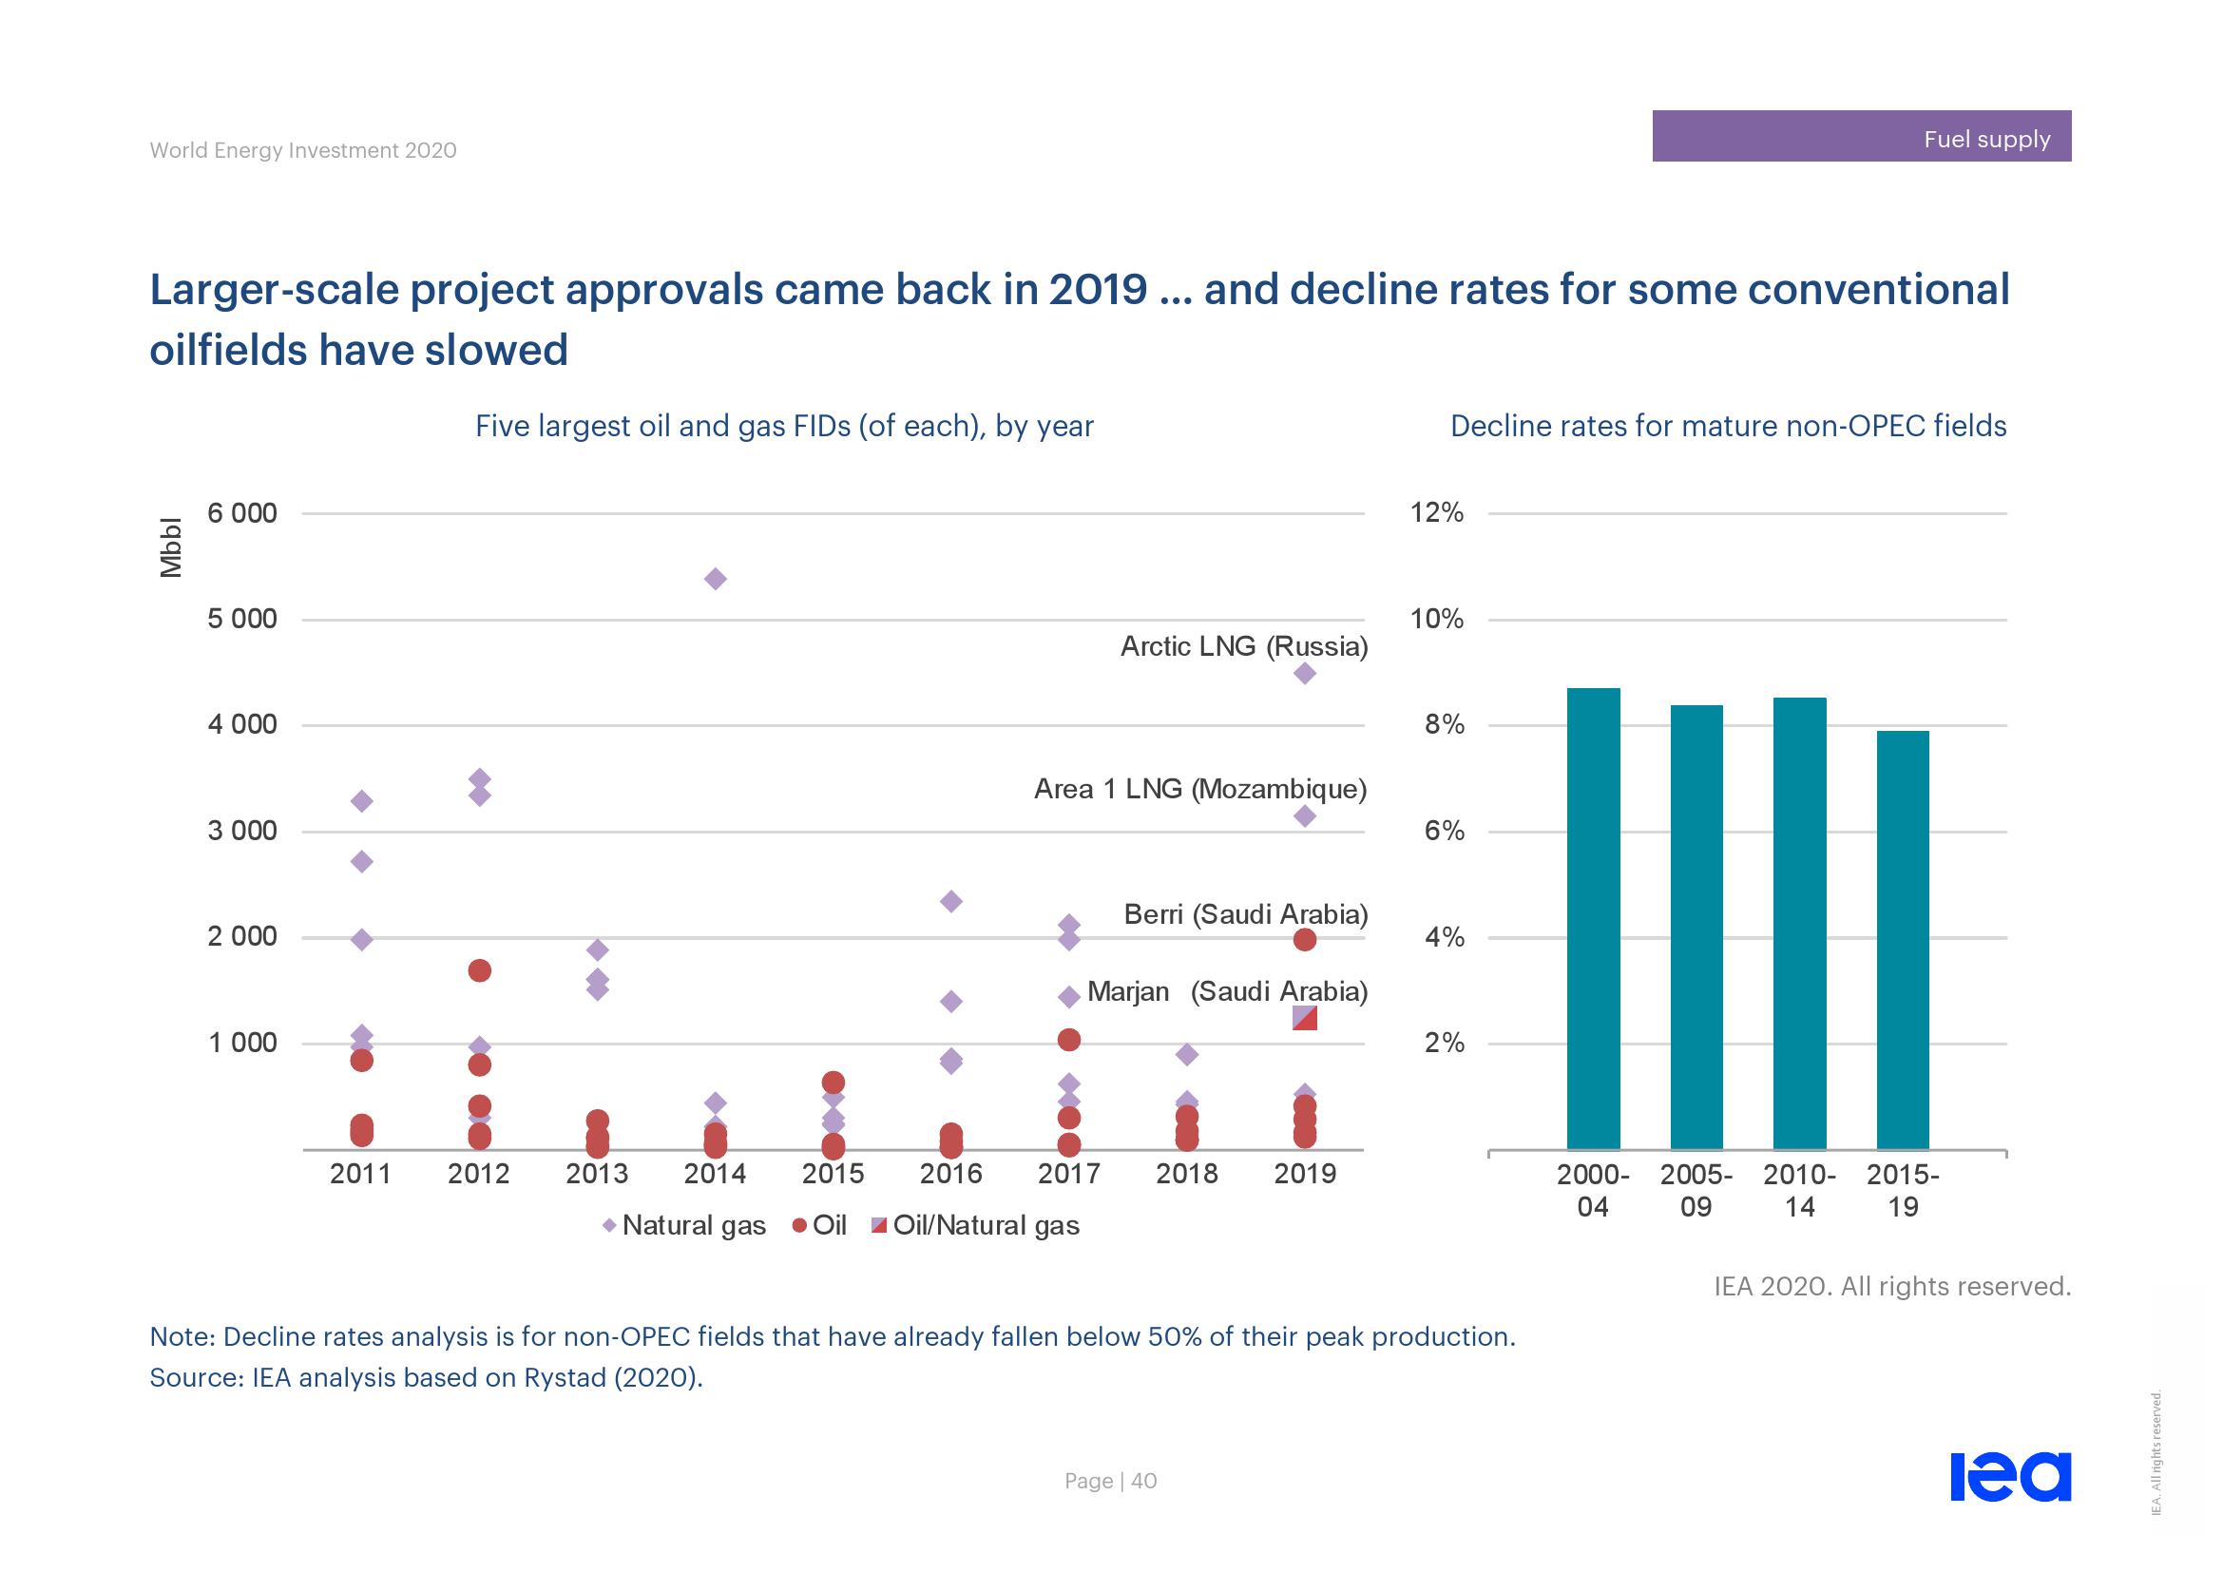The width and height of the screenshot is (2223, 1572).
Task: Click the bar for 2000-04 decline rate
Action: pyautogui.click(x=1593, y=919)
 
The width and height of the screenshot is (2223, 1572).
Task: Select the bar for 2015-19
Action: pyautogui.click(x=1903, y=940)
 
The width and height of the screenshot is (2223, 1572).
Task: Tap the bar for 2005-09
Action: pyautogui.click(x=1696, y=928)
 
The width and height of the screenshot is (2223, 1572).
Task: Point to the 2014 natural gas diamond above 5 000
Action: pyautogui.click(x=716, y=579)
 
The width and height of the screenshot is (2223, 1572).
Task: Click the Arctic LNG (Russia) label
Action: pyautogui.click(x=1243, y=646)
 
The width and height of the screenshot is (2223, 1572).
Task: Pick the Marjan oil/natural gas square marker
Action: pyautogui.click(x=1304, y=1017)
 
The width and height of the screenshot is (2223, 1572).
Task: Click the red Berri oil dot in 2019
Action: pyautogui.click(x=1304, y=939)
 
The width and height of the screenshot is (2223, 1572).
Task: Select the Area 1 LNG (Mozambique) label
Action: pyautogui.click(x=1199, y=789)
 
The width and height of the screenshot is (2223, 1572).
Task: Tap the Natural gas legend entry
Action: pyautogui.click(x=683, y=1225)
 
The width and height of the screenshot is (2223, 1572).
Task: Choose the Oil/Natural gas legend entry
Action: pyautogui.click(x=975, y=1225)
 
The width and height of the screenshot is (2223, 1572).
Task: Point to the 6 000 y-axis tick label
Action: pyautogui.click(x=242, y=513)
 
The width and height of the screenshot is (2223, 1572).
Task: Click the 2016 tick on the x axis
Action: pyautogui.click(x=950, y=1173)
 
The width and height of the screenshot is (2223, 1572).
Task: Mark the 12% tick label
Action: pyautogui.click(x=1437, y=513)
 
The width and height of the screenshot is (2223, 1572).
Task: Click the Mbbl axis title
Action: pyautogui.click(x=170, y=547)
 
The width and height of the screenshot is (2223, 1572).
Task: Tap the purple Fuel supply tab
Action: pyautogui.click(x=1861, y=137)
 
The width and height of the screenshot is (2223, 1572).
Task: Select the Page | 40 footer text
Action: pyautogui.click(x=1110, y=1481)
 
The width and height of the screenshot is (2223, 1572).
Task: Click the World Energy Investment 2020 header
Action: pyautogui.click(x=303, y=150)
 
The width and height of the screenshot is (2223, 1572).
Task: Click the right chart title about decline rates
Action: pyautogui.click(x=1727, y=426)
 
